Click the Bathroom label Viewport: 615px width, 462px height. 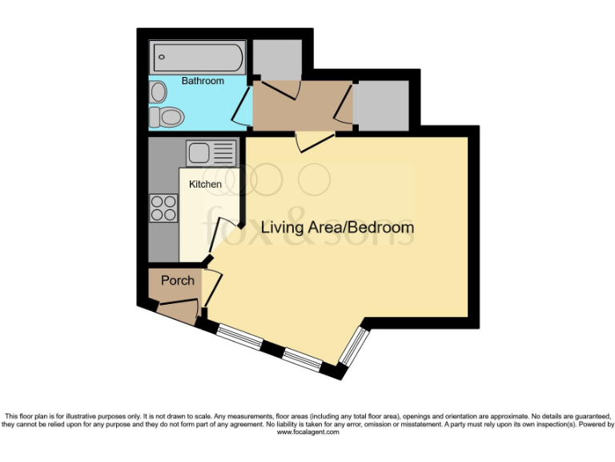coord(203,81)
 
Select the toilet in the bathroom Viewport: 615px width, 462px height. coord(169,117)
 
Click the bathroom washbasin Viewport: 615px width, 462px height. coord(157,91)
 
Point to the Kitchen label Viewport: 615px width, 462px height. coord(205,184)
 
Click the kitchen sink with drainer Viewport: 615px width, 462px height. coord(211,151)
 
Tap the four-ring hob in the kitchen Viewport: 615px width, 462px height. coord(163,208)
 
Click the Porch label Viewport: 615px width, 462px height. coord(178,280)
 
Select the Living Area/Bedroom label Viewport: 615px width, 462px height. coord(337,227)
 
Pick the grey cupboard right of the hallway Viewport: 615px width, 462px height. coord(382,104)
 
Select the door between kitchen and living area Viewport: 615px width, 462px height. coord(224,236)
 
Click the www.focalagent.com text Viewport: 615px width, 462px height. coord(307,432)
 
